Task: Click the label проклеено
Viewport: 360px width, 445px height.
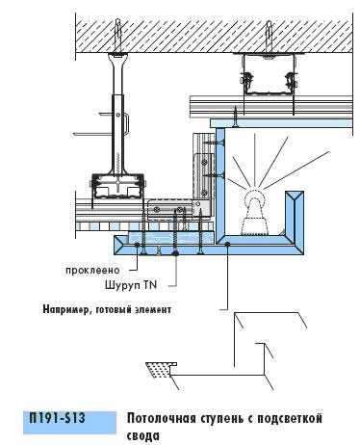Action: (x=92, y=270)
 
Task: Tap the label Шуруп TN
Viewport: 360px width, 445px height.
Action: (x=131, y=285)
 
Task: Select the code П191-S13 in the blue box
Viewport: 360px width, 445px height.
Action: (x=58, y=418)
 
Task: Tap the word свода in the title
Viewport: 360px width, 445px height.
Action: (x=142, y=436)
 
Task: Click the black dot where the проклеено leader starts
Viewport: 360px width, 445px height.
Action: (x=138, y=245)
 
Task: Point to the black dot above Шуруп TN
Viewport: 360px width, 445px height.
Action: (x=175, y=253)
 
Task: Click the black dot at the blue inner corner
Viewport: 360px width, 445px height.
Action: (x=227, y=245)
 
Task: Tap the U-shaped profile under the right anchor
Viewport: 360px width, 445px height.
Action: (x=269, y=74)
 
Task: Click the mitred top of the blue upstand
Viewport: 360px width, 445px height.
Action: (x=295, y=196)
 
